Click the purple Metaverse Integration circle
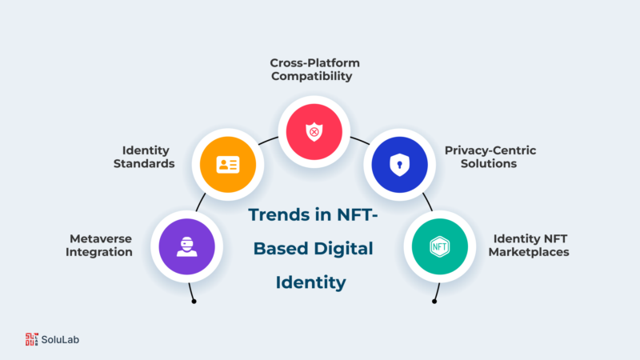pyautogui.click(x=186, y=246)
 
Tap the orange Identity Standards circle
pyautogui.click(x=228, y=165)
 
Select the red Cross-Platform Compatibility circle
pyautogui.click(x=314, y=132)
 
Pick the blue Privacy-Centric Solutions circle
pyautogui.click(x=399, y=165)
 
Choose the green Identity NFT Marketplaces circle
pyautogui.click(x=439, y=246)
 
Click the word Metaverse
pyautogui.click(x=101, y=238)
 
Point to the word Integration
pyautogui.click(x=98, y=252)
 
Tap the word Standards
pyautogui.click(x=144, y=163)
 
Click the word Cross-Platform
pyautogui.click(x=314, y=63)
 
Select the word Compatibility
pyautogui.click(x=311, y=76)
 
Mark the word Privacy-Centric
pyautogui.click(x=490, y=150)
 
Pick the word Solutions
pyautogui.click(x=489, y=163)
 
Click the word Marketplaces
pyautogui.click(x=529, y=252)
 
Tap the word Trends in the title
pyautogui.click(x=278, y=214)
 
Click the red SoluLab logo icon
pyautogui.click(x=31, y=339)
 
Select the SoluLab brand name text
pyautogui.click(x=60, y=339)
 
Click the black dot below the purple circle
pyautogui.click(x=194, y=302)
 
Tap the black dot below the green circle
pyautogui.click(x=434, y=302)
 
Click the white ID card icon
pyautogui.click(x=228, y=165)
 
